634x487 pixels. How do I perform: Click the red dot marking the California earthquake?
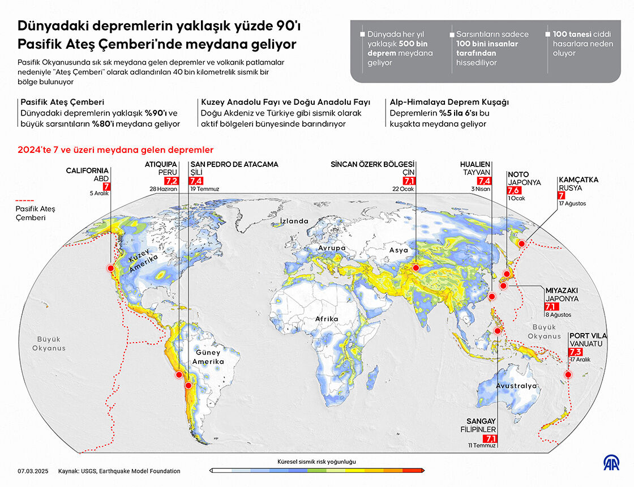pyautogui.click(x=111, y=268)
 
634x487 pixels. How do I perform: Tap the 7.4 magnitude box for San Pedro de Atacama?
pyautogui.click(x=197, y=181)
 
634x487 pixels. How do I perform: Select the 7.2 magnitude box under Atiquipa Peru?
pyautogui.click(x=171, y=181)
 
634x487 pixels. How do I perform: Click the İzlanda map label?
pyautogui.click(x=294, y=221)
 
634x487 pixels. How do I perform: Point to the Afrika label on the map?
pyautogui.click(x=327, y=319)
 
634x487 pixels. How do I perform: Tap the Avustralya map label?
pyautogui.click(x=516, y=386)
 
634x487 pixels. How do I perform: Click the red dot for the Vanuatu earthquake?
pyautogui.click(x=568, y=375)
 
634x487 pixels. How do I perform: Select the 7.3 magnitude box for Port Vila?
pyautogui.click(x=576, y=352)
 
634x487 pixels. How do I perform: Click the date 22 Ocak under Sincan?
pyautogui.click(x=404, y=189)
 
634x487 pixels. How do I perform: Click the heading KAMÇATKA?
pyautogui.click(x=578, y=180)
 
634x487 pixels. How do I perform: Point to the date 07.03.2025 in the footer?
pyautogui.click(x=33, y=471)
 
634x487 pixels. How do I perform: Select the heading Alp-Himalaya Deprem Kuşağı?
pyautogui.click(x=449, y=102)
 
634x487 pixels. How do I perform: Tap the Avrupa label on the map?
pyautogui.click(x=332, y=249)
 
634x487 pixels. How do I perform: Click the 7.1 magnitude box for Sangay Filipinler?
pyautogui.click(x=490, y=438)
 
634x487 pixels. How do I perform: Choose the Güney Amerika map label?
pyautogui.click(x=208, y=357)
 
